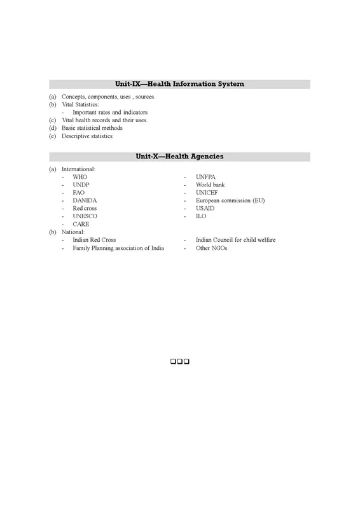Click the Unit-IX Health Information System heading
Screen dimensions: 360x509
(180, 84)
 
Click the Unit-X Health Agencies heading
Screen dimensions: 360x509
(180, 157)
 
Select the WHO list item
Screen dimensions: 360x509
(80, 176)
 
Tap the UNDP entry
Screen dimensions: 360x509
(81, 185)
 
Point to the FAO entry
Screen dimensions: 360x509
(79, 192)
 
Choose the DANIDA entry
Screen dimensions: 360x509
(85, 200)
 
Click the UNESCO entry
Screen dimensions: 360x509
(85, 216)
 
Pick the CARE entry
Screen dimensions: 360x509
(81, 225)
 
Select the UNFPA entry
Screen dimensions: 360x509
(206, 176)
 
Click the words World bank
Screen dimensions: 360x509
(211, 185)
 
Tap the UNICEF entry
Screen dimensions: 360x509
(208, 192)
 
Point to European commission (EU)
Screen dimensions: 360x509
(230, 200)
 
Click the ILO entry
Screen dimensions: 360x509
(202, 216)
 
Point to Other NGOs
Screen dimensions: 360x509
(212, 248)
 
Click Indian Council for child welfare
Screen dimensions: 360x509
(235, 240)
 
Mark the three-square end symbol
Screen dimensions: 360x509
(181, 362)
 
